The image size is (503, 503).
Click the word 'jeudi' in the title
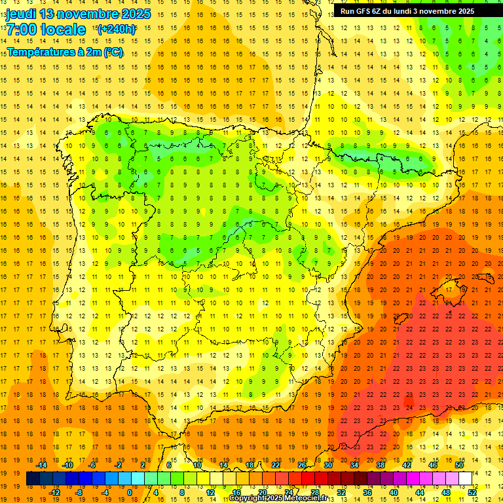tap(22, 14)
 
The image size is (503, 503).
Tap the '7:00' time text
tap(22, 29)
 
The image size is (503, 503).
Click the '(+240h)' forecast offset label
tap(117, 29)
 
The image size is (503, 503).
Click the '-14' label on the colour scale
tap(42, 465)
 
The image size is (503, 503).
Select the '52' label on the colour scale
tap(473, 492)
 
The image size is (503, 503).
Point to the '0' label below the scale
tap(129, 492)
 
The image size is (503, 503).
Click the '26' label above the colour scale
tap(302, 465)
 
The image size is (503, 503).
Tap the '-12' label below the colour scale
tap(54, 492)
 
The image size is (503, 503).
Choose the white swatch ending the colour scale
tap(466, 478)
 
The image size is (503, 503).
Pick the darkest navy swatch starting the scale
tap(33, 478)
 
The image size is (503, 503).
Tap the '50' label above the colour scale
tap(459, 465)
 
